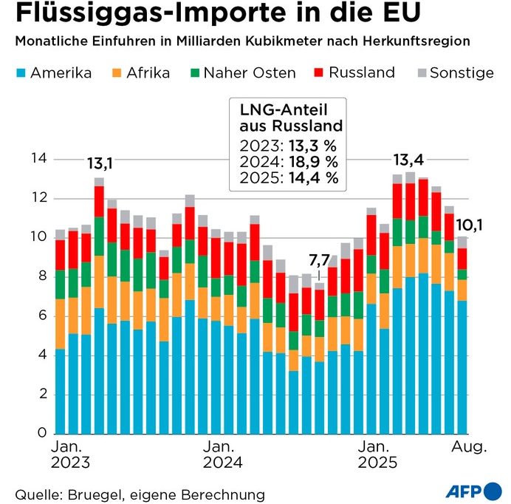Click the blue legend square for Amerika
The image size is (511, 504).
[20, 73]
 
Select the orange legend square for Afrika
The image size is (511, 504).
[117, 73]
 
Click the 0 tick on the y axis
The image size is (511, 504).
[42, 434]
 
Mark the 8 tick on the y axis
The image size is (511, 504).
[42, 277]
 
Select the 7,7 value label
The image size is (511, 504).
[319, 261]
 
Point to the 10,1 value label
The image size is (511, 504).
[470, 224]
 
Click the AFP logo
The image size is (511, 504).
[474, 491]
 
